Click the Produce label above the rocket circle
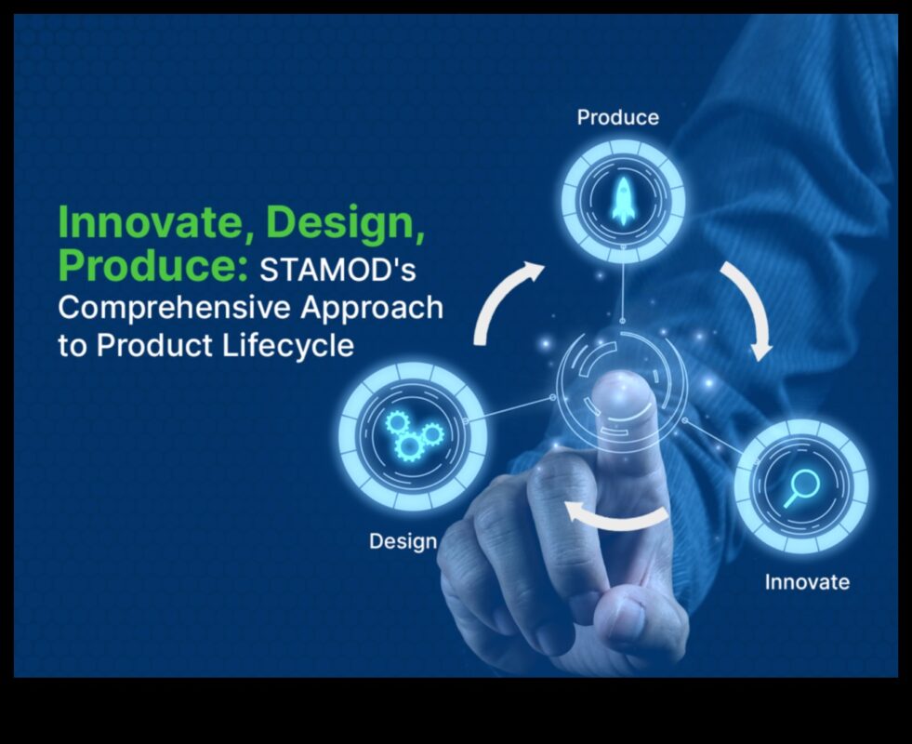click(x=617, y=117)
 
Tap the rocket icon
click(x=623, y=201)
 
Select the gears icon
click(x=414, y=435)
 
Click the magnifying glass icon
click(x=801, y=487)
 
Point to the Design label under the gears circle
click(x=403, y=541)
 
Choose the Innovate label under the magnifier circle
click(x=807, y=581)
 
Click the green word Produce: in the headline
click(x=153, y=266)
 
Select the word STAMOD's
click(x=337, y=270)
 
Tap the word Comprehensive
click(x=174, y=308)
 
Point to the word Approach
click(x=372, y=308)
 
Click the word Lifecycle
click(x=288, y=346)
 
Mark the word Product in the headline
click(x=154, y=346)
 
